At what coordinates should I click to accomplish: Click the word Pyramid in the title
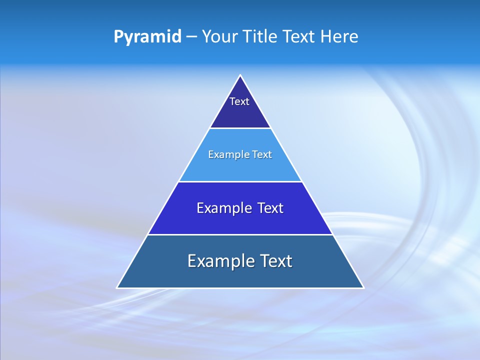click(x=147, y=37)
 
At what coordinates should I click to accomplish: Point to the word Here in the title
click(x=340, y=37)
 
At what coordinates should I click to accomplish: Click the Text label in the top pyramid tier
click(x=239, y=101)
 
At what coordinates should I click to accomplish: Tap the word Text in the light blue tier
click(x=262, y=155)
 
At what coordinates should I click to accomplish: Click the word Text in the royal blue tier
click(x=270, y=208)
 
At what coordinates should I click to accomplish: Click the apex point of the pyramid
click(x=240, y=75)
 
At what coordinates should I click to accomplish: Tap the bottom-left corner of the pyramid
click(x=117, y=287)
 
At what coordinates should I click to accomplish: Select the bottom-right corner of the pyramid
click(x=363, y=287)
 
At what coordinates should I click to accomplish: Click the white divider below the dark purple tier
click(x=240, y=128)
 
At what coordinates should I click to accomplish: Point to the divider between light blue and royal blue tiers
click(x=240, y=181)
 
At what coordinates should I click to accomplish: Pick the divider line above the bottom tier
click(x=240, y=234)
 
